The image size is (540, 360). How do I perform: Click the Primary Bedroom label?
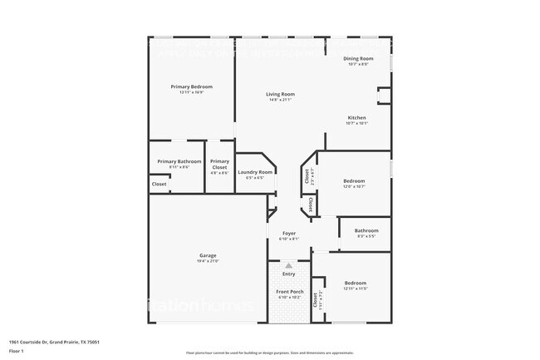192,86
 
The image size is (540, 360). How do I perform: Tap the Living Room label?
280,94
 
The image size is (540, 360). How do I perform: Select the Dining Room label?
359,58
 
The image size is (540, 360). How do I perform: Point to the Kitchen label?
356,117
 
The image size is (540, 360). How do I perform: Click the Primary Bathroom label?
179,161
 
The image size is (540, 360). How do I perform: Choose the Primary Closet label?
219,164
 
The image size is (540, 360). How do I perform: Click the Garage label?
208,255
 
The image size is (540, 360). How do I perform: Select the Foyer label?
288,234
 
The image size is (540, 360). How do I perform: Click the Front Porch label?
288,292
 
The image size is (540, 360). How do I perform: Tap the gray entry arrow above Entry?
289,265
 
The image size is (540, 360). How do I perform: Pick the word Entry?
288,274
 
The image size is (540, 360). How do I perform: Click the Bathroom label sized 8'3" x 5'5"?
366,230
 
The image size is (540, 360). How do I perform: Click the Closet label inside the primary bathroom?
159,184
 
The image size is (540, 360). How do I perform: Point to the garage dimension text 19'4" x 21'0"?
208,261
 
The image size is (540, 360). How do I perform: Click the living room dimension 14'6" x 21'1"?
280,100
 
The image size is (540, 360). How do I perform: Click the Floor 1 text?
17,352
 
